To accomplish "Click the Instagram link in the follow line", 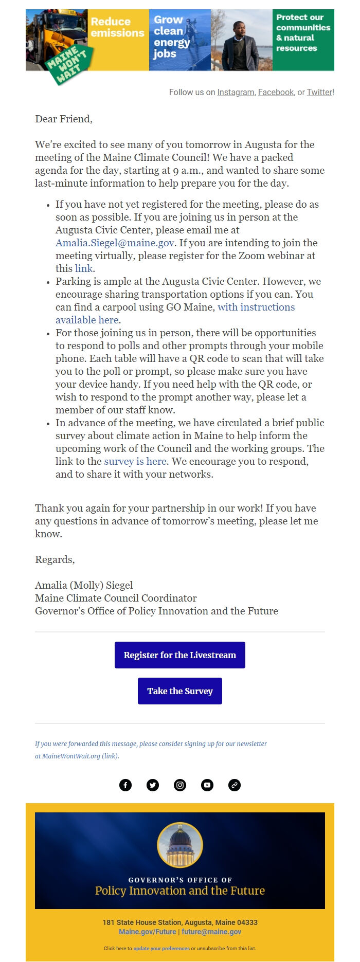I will (236, 93).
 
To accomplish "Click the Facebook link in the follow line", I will (276, 93).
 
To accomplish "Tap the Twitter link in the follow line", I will (319, 93).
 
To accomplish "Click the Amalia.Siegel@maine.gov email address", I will (115, 243).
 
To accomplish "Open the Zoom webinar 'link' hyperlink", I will (84, 268).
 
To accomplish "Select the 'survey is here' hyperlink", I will (135, 461).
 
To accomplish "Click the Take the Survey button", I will (180, 691).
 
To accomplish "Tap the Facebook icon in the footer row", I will (125, 785).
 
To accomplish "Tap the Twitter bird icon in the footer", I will (153, 785).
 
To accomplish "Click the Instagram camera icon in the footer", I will (180, 785).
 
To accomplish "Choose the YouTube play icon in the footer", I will (207, 785).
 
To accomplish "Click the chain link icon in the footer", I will (235, 785).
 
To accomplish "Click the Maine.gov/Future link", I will (147, 932).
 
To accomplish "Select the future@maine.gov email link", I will (211, 932).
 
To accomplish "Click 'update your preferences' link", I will (161, 949).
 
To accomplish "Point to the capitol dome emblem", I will (180, 845).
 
